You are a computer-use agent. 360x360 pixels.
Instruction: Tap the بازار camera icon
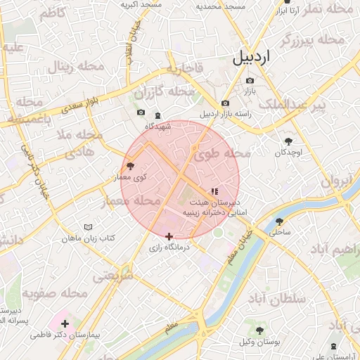[x=249, y=80]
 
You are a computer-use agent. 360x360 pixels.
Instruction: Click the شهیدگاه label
[x=158, y=127]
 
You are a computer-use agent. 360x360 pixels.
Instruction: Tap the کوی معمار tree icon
[x=131, y=166]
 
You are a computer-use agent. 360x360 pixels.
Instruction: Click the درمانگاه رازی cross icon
[x=169, y=237]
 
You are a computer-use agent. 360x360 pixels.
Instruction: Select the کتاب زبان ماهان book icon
[x=88, y=227]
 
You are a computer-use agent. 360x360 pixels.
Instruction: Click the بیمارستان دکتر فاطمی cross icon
[x=65, y=323]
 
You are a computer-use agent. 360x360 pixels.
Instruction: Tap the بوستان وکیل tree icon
[x=259, y=330]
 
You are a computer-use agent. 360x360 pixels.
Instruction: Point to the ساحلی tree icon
[x=279, y=221]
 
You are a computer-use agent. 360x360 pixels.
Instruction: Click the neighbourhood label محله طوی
[x=223, y=153]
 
